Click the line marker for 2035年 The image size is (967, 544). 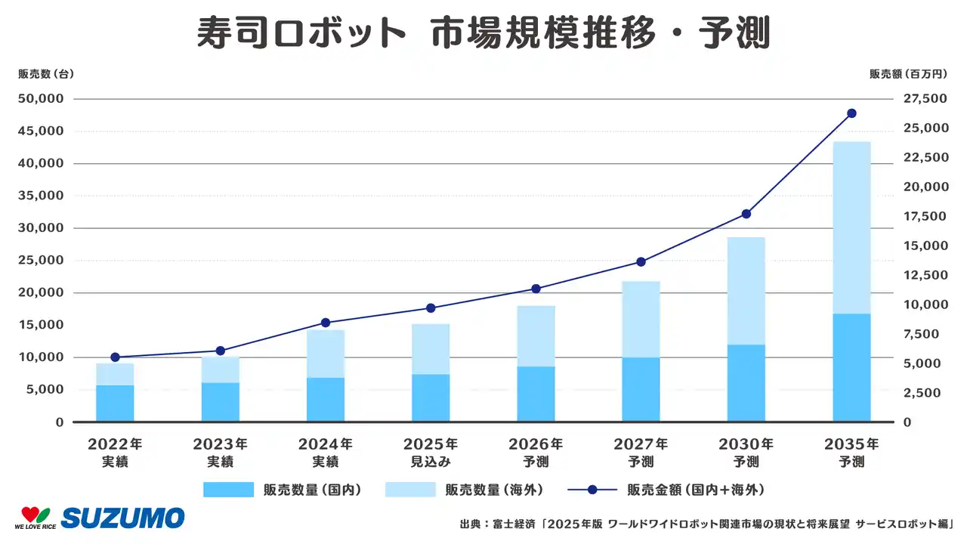coord(851,113)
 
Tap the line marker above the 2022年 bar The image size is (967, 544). coord(115,357)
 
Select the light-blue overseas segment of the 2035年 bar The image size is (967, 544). coord(851,227)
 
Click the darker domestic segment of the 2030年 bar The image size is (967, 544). coord(746,383)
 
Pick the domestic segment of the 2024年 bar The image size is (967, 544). coord(326,400)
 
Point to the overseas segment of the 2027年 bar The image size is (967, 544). coord(641,320)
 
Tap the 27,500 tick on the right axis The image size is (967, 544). coord(923,99)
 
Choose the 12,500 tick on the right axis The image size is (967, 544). coord(923,275)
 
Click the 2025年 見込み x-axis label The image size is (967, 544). coord(431,452)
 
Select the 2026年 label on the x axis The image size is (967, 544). coord(536,444)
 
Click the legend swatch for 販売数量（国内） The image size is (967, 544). coord(228,490)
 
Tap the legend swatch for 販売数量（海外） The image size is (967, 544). coord(410,490)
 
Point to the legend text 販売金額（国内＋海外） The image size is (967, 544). coord(695,490)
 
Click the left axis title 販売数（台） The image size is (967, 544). coord(46,74)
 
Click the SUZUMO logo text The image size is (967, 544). coord(122,518)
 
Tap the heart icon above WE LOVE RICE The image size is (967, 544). coord(35,513)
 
